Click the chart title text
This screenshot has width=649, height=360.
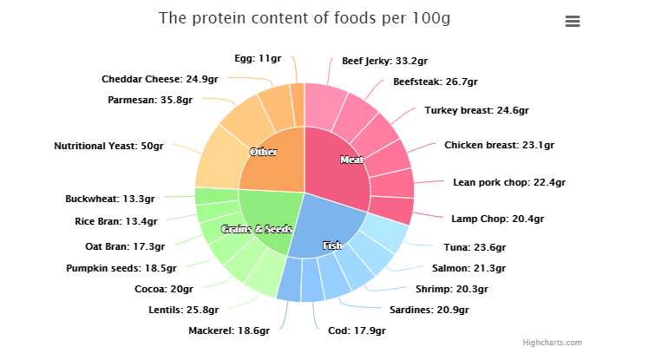coord(305,18)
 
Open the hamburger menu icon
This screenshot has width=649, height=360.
coord(572,22)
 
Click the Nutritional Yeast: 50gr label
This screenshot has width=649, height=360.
coord(108,147)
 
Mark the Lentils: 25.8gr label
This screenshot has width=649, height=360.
coord(183,310)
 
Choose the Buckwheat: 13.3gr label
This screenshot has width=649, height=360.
coord(110,199)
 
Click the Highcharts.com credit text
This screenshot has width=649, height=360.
coord(552,343)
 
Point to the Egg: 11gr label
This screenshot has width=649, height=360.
coord(258,58)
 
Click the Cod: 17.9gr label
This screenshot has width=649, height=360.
coord(355,330)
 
